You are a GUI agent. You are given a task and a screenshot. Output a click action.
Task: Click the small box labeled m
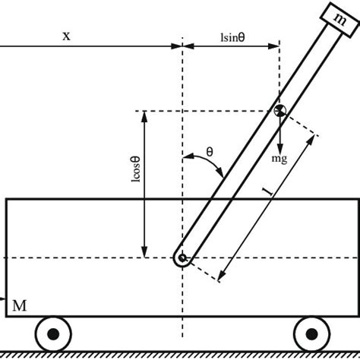(340, 20)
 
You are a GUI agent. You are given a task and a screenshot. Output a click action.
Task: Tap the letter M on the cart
(20, 305)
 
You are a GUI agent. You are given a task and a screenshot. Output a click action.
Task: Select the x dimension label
(66, 36)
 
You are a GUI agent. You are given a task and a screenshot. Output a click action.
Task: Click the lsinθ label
(233, 37)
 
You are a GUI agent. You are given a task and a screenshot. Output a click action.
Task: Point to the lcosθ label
(136, 169)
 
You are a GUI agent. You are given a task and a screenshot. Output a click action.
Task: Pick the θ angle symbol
(210, 152)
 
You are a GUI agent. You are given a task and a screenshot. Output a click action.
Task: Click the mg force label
(279, 159)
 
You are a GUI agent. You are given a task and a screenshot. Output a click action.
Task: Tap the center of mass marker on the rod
(279, 111)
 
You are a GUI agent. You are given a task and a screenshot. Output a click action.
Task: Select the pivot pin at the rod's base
(182, 258)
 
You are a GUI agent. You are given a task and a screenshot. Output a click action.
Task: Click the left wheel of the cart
(53, 334)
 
